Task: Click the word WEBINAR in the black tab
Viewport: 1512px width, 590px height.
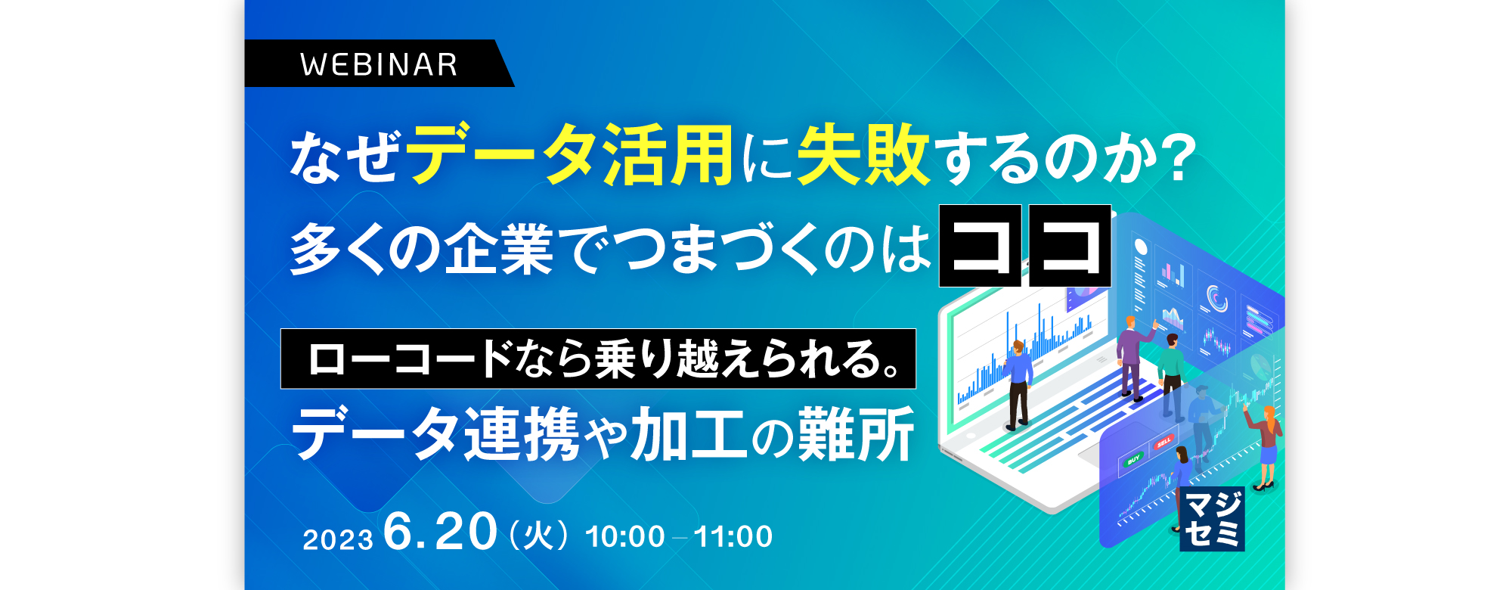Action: pos(379,65)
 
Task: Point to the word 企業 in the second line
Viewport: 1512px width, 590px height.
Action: pos(499,250)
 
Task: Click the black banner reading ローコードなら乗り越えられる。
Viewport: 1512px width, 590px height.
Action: pos(598,359)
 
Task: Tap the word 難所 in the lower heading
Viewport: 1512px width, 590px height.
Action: pos(857,434)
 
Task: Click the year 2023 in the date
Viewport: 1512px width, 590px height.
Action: pos(338,539)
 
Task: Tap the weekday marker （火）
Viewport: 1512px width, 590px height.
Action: pos(539,536)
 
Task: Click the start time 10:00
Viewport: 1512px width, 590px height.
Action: pos(625,536)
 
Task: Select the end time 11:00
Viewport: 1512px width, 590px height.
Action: pos(733,536)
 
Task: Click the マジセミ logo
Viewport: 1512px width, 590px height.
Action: pos(1212,519)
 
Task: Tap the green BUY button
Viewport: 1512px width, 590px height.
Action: pos(1134,459)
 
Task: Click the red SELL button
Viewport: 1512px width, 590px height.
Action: pos(1163,441)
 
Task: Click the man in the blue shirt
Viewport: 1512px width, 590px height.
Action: pos(1018,386)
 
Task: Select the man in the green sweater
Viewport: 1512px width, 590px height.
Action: pos(1172,374)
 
